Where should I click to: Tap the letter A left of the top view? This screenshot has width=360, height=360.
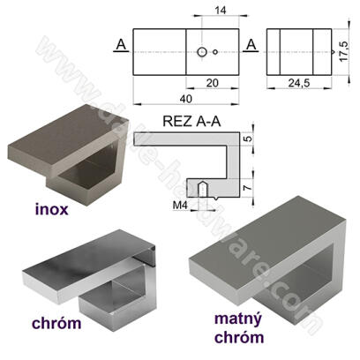click(x=118, y=44)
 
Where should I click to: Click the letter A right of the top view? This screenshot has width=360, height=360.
click(x=251, y=44)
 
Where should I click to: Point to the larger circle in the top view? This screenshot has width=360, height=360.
click(x=203, y=52)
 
